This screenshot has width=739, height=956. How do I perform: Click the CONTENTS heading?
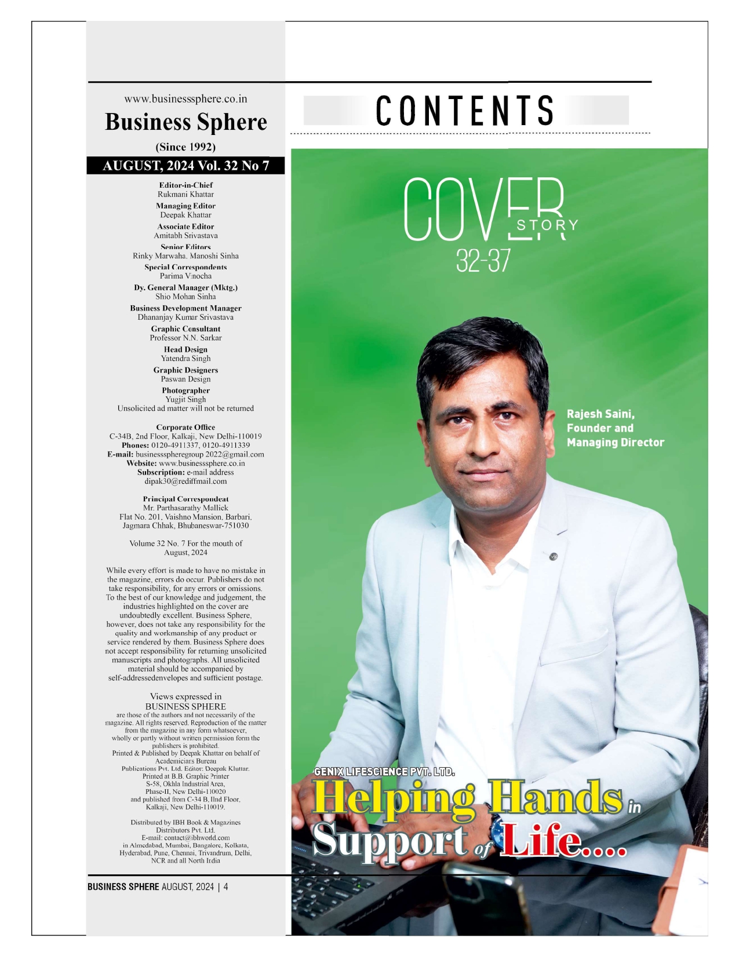pyautogui.click(x=465, y=111)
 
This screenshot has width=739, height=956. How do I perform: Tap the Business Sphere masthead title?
pyautogui.click(x=185, y=122)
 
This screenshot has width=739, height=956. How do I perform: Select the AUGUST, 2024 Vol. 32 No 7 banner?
pyautogui.click(x=185, y=166)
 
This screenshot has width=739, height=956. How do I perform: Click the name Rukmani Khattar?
pyautogui.click(x=185, y=195)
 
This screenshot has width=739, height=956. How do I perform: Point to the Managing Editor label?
pyautogui.click(x=185, y=206)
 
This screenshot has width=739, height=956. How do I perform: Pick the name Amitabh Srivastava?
pyautogui.click(x=185, y=236)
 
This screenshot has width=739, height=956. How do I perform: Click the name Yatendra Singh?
pyautogui.click(x=185, y=359)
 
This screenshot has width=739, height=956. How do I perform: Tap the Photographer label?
pyautogui.click(x=185, y=391)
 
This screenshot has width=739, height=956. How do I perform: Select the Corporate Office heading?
pyautogui.click(x=185, y=428)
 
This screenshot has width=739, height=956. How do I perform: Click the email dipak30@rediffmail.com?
pyautogui.click(x=185, y=481)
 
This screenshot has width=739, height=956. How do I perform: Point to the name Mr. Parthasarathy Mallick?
pyautogui.click(x=185, y=508)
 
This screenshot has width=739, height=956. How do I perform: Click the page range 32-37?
pyautogui.click(x=483, y=262)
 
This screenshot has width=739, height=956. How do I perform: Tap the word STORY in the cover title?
pyautogui.click(x=547, y=225)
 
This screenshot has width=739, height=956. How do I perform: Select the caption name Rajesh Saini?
pyautogui.click(x=600, y=414)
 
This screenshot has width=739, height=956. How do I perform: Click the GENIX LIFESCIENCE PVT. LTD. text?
pyautogui.click(x=384, y=772)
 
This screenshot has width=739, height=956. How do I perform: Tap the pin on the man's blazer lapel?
pyautogui.click(x=554, y=557)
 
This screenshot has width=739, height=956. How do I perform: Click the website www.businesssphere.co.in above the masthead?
pyautogui.click(x=185, y=99)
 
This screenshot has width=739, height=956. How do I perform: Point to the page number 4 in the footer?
pyautogui.click(x=226, y=887)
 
